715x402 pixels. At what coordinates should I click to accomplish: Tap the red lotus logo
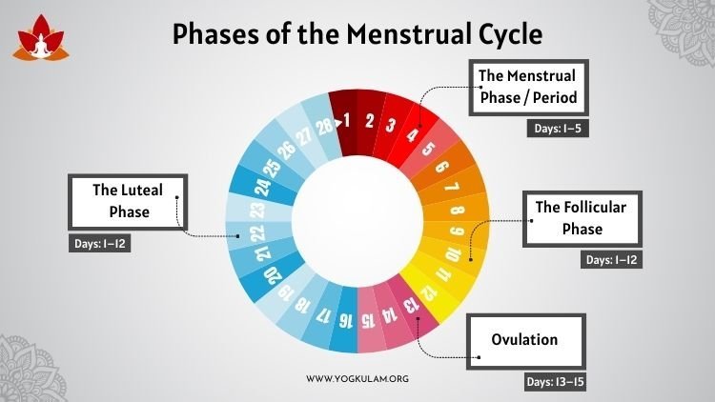click(x=41, y=38)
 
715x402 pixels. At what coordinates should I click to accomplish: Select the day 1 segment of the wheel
click(x=344, y=122)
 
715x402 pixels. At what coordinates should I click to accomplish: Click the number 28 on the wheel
click(x=325, y=127)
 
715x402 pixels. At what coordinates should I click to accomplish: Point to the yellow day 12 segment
click(x=431, y=291)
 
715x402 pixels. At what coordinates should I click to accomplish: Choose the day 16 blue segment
click(x=344, y=320)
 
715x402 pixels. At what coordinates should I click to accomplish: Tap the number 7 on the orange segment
click(x=452, y=187)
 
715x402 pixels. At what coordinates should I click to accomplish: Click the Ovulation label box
click(x=525, y=341)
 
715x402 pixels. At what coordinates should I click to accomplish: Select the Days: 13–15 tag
click(x=555, y=381)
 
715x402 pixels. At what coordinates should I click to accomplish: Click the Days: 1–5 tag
click(x=558, y=129)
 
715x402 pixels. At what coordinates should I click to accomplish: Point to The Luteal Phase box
click(x=128, y=201)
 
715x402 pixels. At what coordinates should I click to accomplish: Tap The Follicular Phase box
click(x=582, y=219)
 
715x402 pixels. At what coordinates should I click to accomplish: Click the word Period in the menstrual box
click(x=555, y=97)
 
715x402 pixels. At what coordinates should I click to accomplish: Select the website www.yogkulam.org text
click(x=357, y=379)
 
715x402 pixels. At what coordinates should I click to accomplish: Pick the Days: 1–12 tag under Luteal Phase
click(x=99, y=243)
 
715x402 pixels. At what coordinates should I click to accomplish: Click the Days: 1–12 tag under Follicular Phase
click(x=611, y=260)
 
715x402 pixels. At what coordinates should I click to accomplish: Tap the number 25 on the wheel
click(x=273, y=168)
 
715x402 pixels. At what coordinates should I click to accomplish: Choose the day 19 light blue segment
click(x=285, y=292)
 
